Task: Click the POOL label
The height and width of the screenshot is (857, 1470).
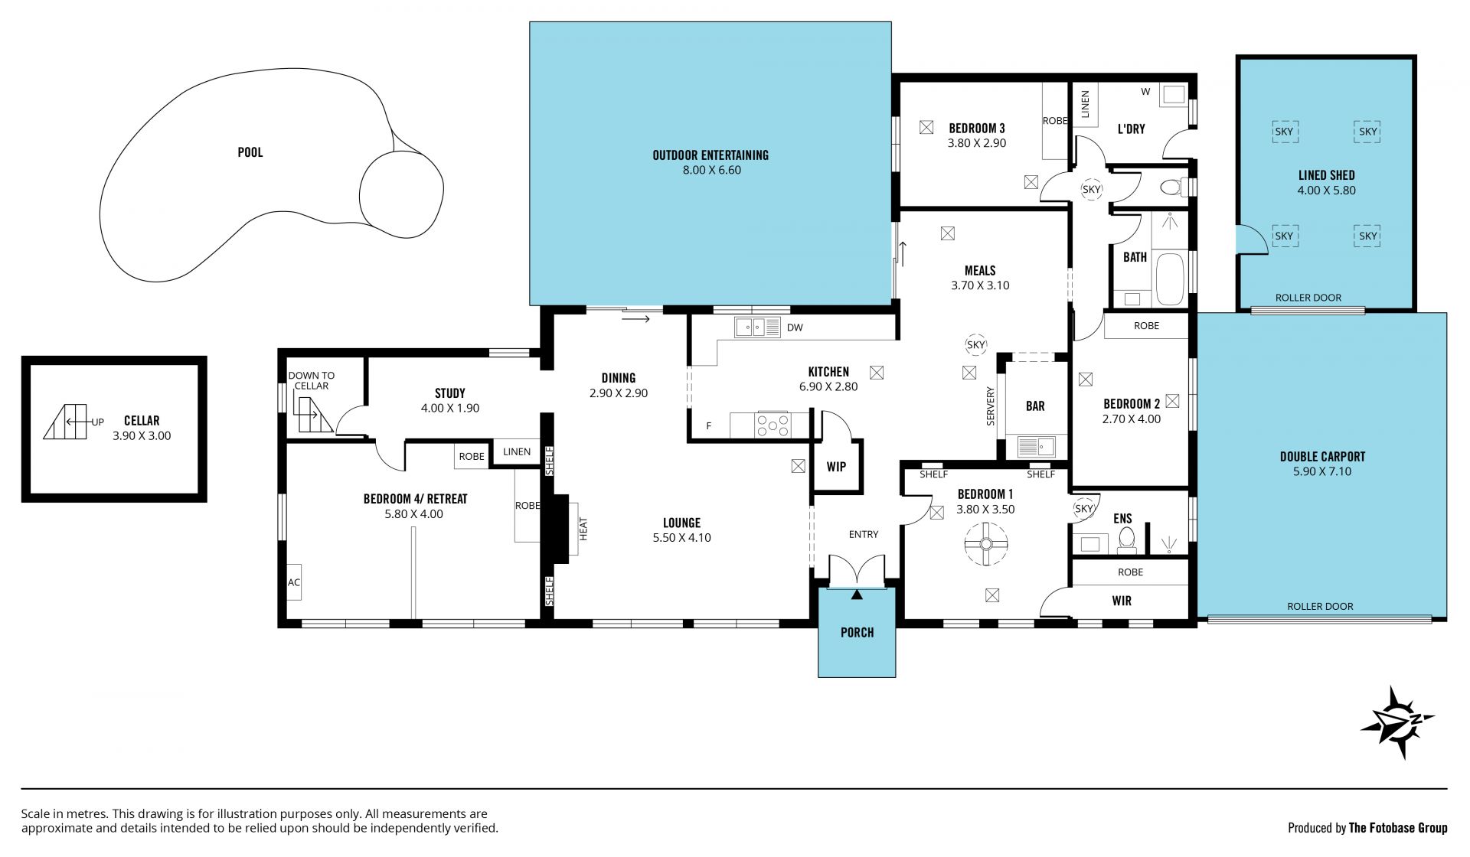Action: [x=250, y=152]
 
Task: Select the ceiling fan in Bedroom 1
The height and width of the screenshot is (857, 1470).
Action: [x=986, y=544]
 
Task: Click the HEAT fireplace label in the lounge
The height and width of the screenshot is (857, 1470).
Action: [x=583, y=530]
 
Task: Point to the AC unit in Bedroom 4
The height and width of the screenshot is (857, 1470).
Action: [x=294, y=582]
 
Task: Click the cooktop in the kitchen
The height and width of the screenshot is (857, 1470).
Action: [x=773, y=425]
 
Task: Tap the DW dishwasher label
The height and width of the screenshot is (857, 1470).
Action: [x=795, y=327]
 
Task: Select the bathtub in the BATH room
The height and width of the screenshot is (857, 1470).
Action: [x=1169, y=279]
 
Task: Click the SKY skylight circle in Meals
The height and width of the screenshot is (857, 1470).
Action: [x=976, y=345]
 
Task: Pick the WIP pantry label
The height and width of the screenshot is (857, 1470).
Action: [x=836, y=467]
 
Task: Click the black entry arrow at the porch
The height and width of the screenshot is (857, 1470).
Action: [x=857, y=594]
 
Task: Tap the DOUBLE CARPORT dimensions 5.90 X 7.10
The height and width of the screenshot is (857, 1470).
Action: [x=1322, y=471]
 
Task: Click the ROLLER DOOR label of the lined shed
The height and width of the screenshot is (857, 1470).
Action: [x=1308, y=298]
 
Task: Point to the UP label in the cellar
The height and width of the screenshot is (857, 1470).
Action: [x=98, y=422]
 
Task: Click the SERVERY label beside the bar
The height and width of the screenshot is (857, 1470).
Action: [x=991, y=406]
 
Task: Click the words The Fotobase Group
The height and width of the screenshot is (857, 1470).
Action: [x=1398, y=827]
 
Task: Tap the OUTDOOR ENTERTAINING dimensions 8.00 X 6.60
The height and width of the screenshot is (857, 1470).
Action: [x=712, y=170]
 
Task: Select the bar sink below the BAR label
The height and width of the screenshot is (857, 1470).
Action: [x=1036, y=446]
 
